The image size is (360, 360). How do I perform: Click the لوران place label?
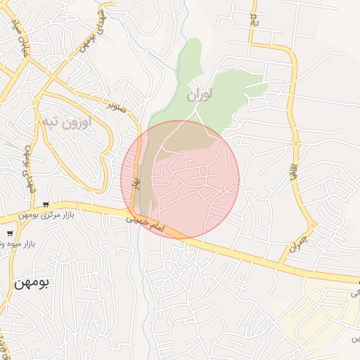[x=200, y=94]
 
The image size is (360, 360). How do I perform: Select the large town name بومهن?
[x=33, y=283]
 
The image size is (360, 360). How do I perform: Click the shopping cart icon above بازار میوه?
[x=10, y=233]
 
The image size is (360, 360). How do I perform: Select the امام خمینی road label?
[x=145, y=224]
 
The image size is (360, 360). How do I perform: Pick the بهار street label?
[x=132, y=181]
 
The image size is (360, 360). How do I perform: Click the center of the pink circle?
[x=180, y=179]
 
